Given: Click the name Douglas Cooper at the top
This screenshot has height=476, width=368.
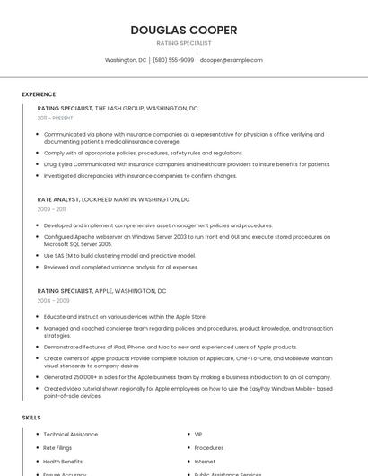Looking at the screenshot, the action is click(184, 30).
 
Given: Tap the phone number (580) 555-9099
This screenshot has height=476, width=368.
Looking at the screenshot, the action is click(173, 60).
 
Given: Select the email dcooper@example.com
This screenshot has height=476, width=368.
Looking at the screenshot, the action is click(232, 60).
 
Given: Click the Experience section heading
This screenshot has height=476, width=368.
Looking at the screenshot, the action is click(39, 94).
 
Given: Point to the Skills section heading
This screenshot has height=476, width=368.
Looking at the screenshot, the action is click(31, 418).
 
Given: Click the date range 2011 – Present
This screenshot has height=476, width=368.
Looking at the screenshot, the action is click(55, 118).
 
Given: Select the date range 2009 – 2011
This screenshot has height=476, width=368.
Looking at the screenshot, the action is click(51, 209).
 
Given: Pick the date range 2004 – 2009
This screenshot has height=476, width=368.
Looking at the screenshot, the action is click(52, 301).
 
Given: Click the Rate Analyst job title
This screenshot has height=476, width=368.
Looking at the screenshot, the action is click(57, 199).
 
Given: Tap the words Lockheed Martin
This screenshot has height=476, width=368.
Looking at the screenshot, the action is click(110, 199).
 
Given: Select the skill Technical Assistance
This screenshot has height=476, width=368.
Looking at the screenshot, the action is click(71, 435).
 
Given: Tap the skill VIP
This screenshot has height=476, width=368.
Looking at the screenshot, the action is click(198, 435).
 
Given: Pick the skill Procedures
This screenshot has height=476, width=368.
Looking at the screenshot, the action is click(209, 447).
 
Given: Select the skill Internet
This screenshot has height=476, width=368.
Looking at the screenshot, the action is click(205, 461).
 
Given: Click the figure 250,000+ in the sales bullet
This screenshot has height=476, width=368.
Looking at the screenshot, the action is click(84, 377).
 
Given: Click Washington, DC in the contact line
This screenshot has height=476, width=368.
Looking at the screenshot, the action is click(126, 60).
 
